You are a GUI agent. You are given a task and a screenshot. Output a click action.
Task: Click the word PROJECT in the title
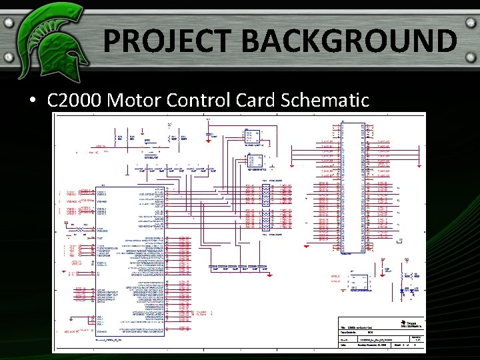[x=167, y=41]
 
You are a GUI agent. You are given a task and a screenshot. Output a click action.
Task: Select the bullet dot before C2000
[x=32, y=101]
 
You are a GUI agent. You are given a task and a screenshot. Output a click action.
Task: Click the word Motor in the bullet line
[x=131, y=101]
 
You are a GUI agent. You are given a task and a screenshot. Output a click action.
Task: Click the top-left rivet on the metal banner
[x=9, y=21]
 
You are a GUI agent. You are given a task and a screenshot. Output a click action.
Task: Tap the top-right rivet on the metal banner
[x=471, y=21]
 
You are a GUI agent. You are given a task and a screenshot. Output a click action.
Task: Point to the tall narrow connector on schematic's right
[x=353, y=188]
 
